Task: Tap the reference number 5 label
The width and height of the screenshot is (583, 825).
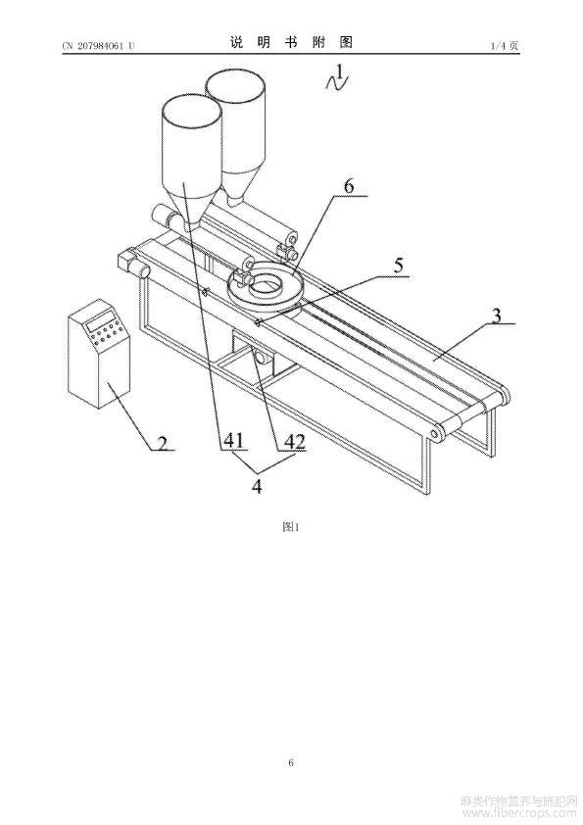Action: [399, 266]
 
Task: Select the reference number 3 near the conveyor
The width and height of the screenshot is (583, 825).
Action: [496, 315]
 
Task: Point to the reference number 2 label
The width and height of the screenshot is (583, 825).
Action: [163, 443]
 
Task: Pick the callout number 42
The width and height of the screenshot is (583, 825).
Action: [295, 442]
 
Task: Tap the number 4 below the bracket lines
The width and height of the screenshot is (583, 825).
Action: [257, 486]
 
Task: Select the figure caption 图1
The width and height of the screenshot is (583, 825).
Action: [290, 527]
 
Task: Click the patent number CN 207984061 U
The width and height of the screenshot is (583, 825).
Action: [98, 46]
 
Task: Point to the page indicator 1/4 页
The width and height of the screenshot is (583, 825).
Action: [504, 46]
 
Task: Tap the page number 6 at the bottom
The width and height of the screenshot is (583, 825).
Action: [290, 762]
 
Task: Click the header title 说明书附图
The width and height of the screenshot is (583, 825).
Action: [291, 42]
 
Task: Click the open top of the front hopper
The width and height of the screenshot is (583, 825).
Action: [191, 113]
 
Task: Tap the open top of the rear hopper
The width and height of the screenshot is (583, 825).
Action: [235, 88]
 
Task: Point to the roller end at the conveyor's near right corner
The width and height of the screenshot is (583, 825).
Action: [436, 432]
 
